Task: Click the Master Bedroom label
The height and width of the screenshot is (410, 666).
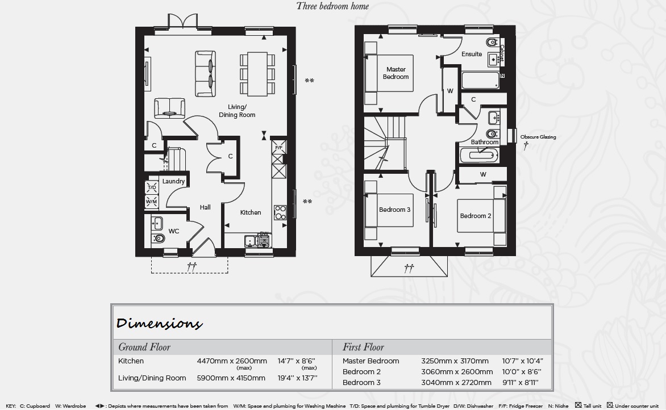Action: coord(396,73)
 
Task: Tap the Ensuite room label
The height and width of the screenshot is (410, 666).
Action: coord(472,54)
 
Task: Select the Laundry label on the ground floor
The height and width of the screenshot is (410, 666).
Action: coord(173,181)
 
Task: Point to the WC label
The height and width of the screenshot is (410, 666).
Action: coord(174,231)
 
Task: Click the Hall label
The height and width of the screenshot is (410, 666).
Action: coord(205,207)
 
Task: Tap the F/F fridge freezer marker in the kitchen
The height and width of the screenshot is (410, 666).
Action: coord(278,147)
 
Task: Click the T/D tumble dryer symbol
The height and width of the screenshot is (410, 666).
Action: coord(152,187)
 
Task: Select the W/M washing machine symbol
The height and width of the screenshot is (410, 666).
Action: coord(152,202)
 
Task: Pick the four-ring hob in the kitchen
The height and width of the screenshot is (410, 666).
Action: coord(280,212)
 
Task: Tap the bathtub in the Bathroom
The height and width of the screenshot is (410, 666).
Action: coord(479,155)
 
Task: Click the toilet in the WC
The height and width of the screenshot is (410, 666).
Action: coord(157,238)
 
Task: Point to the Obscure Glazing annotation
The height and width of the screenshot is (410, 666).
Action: coord(538,137)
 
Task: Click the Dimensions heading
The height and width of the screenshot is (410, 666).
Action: coord(159,324)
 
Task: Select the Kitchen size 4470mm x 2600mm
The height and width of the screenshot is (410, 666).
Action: coord(232,361)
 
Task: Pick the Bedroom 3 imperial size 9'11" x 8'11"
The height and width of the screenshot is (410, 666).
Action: coord(521,382)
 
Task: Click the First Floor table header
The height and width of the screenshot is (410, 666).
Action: coord(363,347)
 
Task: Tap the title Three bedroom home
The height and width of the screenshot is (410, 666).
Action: coord(332,6)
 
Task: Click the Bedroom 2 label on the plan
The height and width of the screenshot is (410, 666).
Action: coord(476,216)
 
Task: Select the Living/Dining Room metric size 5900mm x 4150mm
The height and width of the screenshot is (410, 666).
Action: coord(231,378)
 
